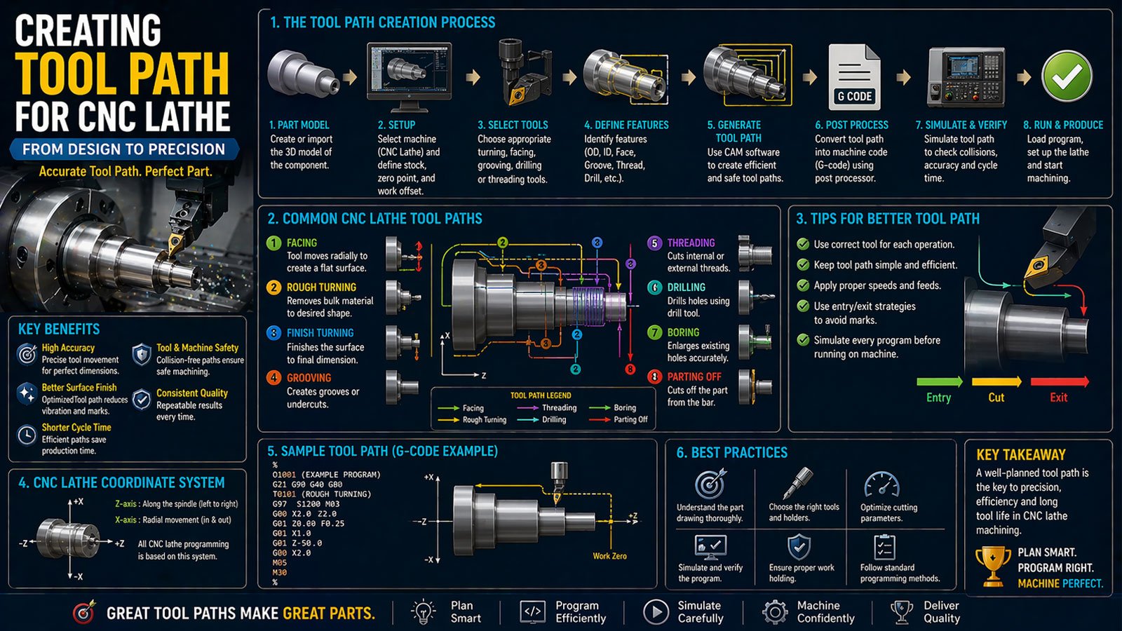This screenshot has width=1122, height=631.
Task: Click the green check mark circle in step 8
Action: (1067, 76)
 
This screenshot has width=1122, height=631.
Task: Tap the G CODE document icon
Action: (855, 77)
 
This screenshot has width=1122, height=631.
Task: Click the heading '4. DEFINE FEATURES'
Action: (626, 125)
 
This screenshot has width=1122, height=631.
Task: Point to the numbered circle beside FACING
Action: (273, 243)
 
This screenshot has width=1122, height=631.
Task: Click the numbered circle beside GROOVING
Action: (273, 378)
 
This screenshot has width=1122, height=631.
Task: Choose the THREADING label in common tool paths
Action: (691, 243)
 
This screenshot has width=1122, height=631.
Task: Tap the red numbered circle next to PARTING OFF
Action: (654, 376)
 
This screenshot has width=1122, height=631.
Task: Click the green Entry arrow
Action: (939, 381)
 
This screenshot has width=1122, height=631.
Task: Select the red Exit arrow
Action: (1060, 381)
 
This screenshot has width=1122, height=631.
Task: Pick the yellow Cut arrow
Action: (996, 381)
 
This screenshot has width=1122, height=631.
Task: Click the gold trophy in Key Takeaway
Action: (992, 566)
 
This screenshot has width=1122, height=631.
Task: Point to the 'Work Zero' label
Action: (609, 556)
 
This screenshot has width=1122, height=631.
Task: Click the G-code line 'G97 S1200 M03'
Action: (306, 504)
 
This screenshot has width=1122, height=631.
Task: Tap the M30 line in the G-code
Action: (280, 572)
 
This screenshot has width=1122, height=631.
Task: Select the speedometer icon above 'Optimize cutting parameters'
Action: (881, 484)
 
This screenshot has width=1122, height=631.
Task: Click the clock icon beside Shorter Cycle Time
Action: (27, 435)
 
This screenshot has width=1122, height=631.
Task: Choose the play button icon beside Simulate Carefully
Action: (655, 611)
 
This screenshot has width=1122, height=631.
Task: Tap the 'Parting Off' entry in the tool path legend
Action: (630, 420)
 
